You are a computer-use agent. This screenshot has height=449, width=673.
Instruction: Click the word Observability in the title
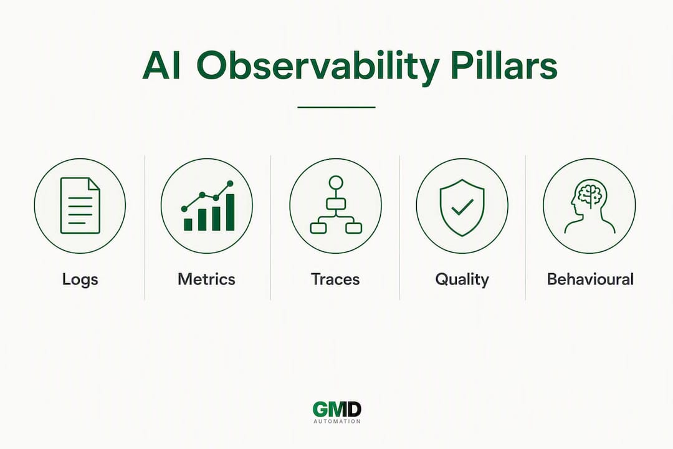point(318,67)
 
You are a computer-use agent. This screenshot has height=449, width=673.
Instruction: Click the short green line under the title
point(336,107)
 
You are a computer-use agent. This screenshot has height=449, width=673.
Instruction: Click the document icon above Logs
point(80,205)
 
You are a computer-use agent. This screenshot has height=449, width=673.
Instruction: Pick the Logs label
point(80,280)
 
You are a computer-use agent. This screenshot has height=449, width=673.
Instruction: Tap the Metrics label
point(206,279)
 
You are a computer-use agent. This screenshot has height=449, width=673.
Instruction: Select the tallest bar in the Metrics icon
point(230,212)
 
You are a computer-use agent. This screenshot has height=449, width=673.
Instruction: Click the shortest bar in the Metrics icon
point(188,224)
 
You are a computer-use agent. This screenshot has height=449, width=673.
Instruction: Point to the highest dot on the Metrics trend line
point(230,183)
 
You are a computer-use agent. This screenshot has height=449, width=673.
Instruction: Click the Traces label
point(335,279)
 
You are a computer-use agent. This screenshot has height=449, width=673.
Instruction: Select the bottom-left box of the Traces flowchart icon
point(318,228)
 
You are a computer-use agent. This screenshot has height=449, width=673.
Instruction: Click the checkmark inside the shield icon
point(462,207)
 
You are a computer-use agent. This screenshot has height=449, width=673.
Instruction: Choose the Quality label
point(462,280)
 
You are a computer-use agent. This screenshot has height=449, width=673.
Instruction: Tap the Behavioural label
point(590,279)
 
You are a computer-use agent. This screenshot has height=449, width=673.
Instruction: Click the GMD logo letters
point(337,410)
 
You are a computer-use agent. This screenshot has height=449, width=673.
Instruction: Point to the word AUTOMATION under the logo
point(337,422)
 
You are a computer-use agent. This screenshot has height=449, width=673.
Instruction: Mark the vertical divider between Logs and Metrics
point(145,228)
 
